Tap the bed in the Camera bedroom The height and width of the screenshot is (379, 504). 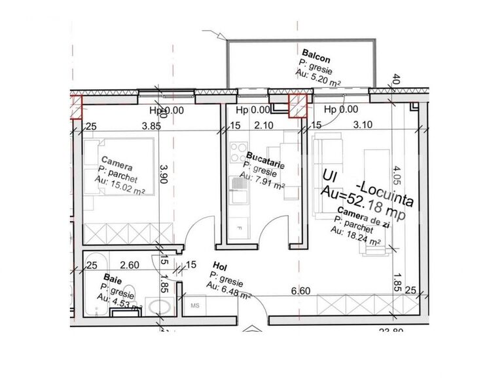[121, 174]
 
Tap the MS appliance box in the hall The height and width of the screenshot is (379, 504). [194, 306]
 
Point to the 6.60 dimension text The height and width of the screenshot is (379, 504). [300, 290]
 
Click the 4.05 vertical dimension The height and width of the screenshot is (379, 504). [396, 178]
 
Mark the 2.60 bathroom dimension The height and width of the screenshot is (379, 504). [130, 265]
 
